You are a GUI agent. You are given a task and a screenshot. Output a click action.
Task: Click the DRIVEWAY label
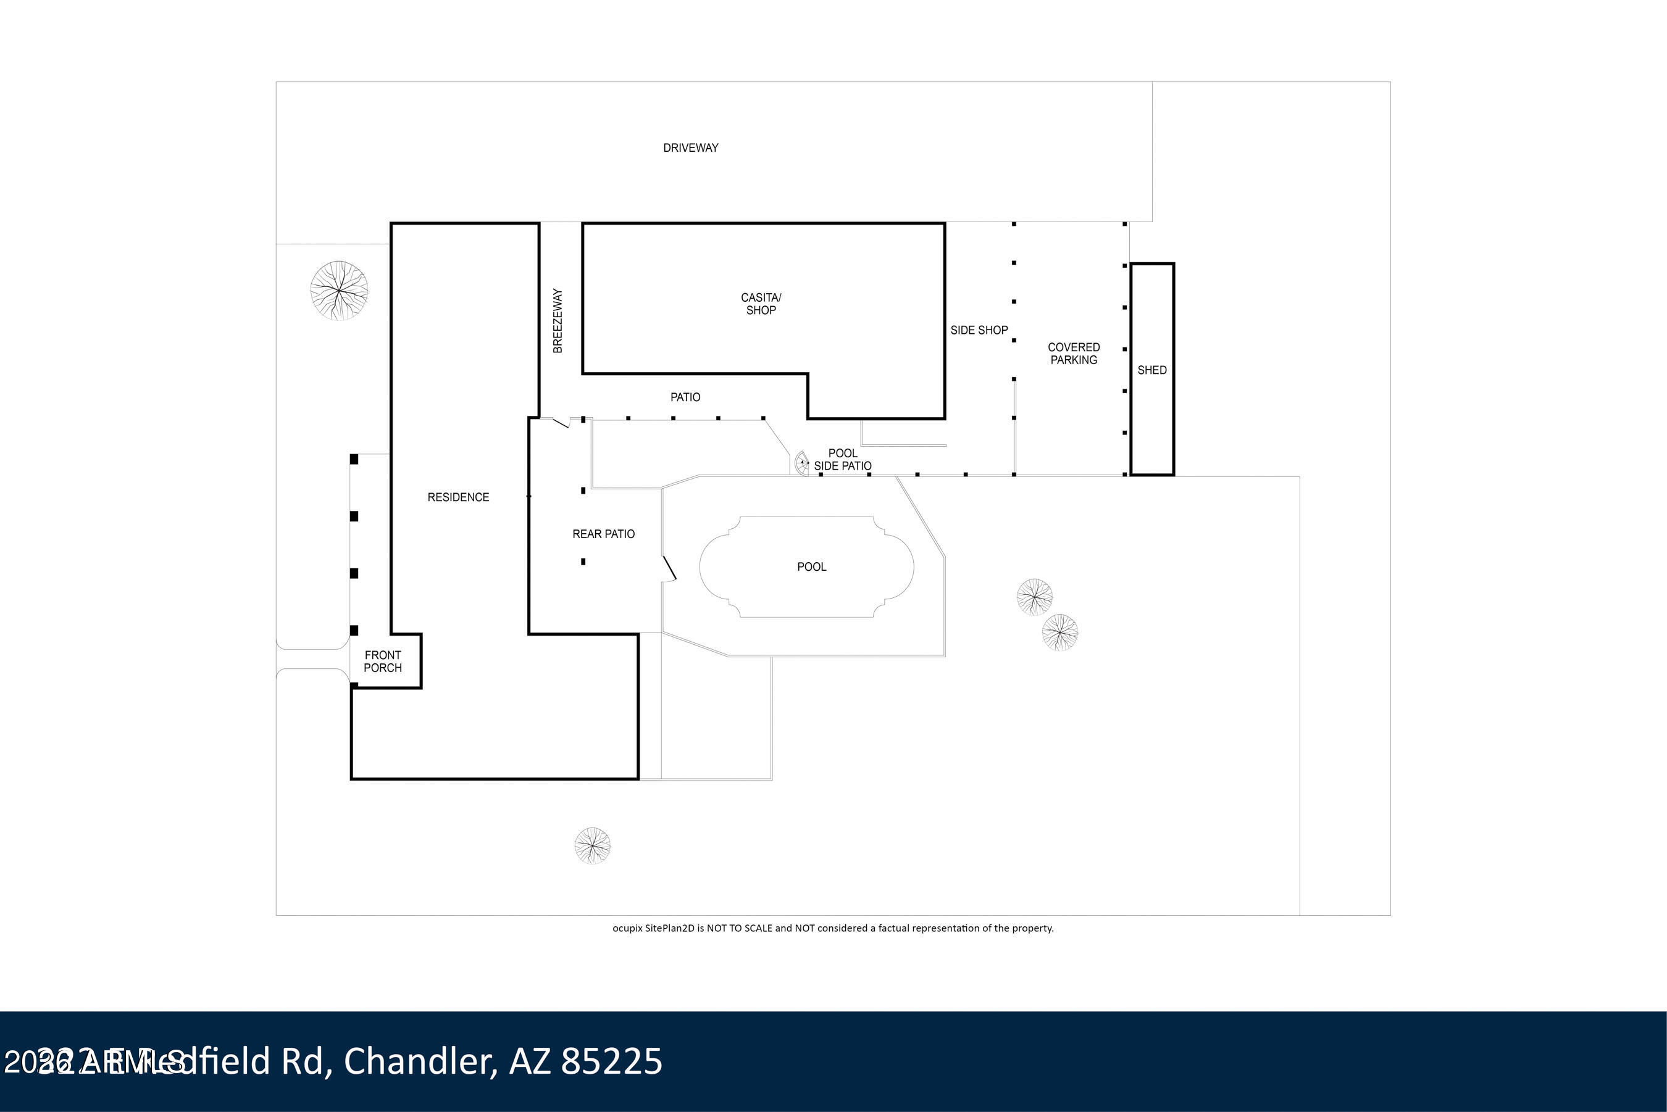[x=690, y=147]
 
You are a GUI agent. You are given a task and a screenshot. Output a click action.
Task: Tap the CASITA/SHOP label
[x=761, y=304]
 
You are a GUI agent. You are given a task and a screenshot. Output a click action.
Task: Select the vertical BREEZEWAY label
[x=558, y=320]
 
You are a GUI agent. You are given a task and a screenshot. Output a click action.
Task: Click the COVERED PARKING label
[x=1073, y=353]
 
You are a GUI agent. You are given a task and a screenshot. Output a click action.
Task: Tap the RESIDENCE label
[x=457, y=497]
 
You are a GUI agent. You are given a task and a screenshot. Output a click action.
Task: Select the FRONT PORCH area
[x=382, y=661]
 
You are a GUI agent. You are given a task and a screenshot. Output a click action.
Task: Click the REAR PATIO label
[x=603, y=534]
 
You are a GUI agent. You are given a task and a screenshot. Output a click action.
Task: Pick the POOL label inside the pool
[x=811, y=566]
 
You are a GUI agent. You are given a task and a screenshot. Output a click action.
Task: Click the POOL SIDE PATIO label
[x=842, y=460]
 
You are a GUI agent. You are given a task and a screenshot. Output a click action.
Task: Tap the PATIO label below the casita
[x=685, y=397]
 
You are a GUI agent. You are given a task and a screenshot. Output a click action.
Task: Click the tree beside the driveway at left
[x=339, y=290]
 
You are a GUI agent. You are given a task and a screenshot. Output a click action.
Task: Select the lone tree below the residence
[x=591, y=845]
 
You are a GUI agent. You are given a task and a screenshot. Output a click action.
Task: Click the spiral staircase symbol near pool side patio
[x=801, y=463]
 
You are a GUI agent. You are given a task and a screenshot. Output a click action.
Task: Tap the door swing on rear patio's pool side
[x=669, y=568]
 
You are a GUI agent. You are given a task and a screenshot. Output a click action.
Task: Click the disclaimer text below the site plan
[x=833, y=927]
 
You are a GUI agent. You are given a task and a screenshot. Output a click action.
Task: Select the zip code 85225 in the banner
[x=611, y=1061]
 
